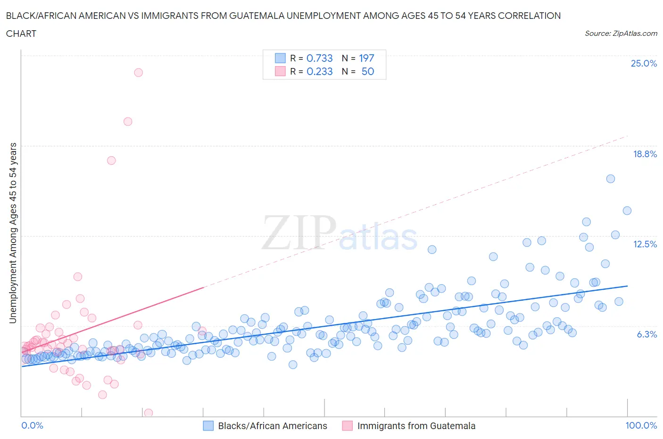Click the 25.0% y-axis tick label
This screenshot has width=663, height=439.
click(644, 64)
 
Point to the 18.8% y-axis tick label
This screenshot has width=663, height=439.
click(645, 154)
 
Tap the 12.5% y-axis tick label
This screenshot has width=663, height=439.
click(645, 244)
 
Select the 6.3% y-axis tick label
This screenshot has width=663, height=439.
click(647, 334)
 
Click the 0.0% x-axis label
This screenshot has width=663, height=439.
click(33, 425)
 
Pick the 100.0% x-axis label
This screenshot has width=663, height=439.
click(641, 425)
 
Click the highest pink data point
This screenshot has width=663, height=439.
click(138, 73)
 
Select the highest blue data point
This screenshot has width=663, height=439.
click(610, 179)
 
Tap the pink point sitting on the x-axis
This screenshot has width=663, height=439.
click(148, 413)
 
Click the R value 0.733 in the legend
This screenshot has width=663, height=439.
click(319, 58)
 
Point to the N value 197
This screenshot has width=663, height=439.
click(366, 58)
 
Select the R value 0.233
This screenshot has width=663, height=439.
click(319, 71)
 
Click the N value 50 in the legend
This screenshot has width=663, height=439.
click(368, 71)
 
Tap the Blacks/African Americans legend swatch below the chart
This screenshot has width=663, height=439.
click(208, 426)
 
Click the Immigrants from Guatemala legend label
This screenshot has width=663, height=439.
click(416, 426)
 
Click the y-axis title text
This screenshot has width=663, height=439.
click(13, 233)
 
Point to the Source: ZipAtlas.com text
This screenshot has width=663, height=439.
click(621, 34)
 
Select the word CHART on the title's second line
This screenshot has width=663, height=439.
click(21, 34)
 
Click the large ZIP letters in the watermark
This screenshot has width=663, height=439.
click(298, 232)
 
